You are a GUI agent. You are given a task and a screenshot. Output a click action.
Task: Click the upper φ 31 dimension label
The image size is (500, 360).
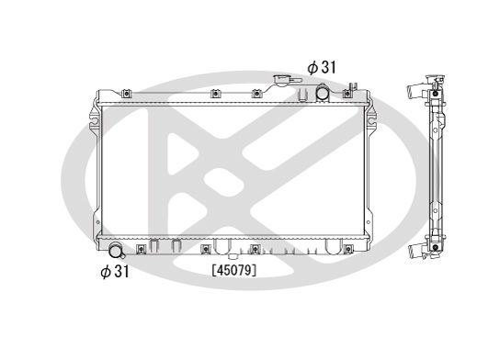pyautogui.click(x=322, y=66)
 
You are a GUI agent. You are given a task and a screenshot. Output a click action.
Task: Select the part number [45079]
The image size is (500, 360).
pyautogui.click(x=233, y=270)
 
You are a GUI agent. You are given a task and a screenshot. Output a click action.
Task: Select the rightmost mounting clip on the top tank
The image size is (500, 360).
pyautogui.click(x=350, y=91)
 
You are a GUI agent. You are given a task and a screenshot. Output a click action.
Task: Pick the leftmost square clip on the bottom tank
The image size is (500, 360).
pyautogui.click(x=141, y=249)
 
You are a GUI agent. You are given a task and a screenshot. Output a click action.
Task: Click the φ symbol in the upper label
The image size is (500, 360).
pyautogui.click(x=312, y=66)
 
